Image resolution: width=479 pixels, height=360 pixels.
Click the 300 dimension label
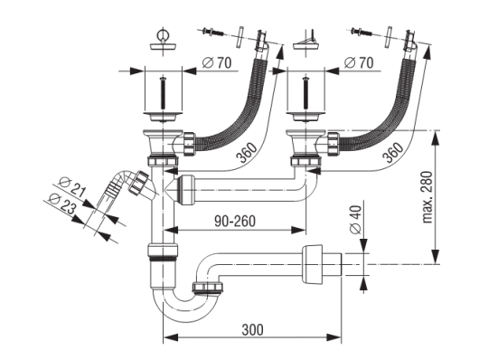[x=253, y=330]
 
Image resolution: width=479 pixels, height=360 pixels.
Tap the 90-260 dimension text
[x=235, y=221]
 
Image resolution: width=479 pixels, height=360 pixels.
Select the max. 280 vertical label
[x=427, y=197]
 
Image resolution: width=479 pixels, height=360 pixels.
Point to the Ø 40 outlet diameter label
[x=356, y=220]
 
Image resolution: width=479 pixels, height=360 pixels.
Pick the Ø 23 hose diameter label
[x=62, y=204]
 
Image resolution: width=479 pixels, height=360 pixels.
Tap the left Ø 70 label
[x=217, y=63]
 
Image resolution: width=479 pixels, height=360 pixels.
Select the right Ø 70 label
[x=359, y=63]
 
